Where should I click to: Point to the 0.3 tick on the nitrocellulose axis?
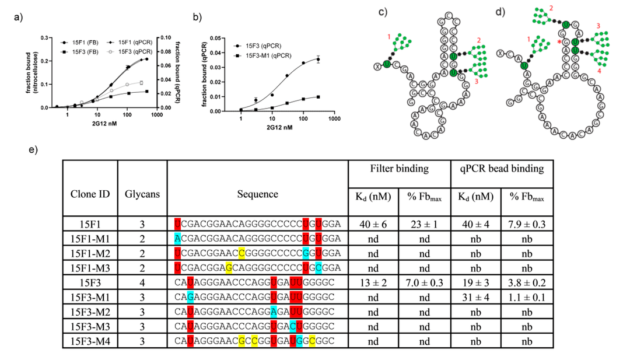click(x=45, y=39)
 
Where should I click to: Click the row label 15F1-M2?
click(x=90, y=253)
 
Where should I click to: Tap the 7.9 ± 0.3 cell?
click(x=527, y=223)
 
